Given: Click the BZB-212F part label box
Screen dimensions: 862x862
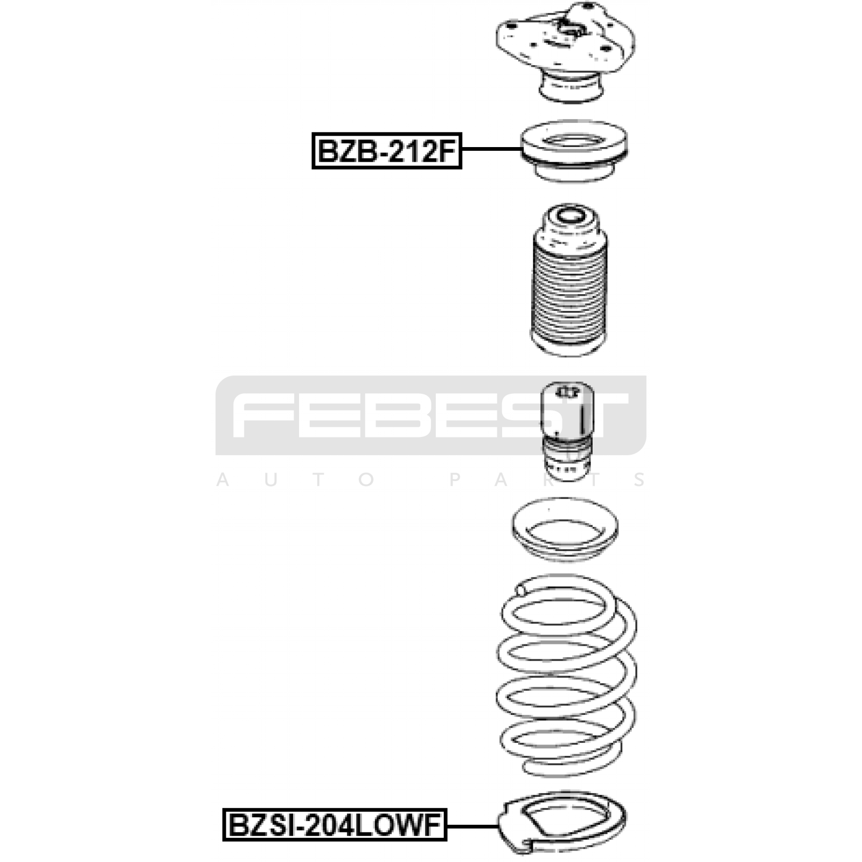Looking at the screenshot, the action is (x=387, y=151).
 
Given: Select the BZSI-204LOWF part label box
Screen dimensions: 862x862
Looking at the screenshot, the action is (x=335, y=825).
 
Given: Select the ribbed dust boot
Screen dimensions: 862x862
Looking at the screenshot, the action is (x=569, y=280).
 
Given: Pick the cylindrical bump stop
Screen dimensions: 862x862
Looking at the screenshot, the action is (x=567, y=431).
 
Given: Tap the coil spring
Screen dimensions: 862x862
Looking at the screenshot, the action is (x=566, y=676).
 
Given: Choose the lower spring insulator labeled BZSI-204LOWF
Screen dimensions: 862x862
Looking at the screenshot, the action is (x=562, y=823).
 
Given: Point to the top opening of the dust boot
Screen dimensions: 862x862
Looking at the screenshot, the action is (x=570, y=217).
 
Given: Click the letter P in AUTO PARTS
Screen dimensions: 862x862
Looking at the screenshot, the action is (x=455, y=479).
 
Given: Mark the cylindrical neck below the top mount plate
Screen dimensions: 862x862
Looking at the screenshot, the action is (x=571, y=88).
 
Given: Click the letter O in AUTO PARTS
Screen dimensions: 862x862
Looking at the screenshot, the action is (x=366, y=479).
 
